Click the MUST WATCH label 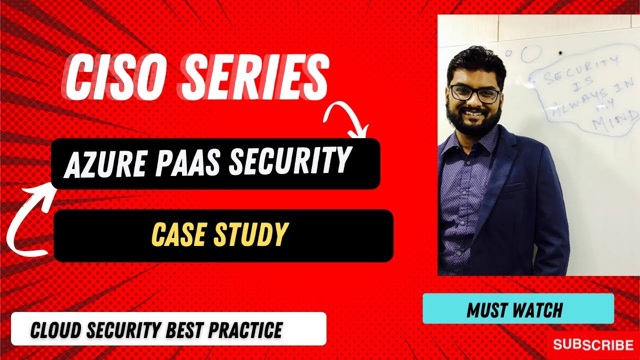coord(514,310)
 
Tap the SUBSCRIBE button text coord(593,344)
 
